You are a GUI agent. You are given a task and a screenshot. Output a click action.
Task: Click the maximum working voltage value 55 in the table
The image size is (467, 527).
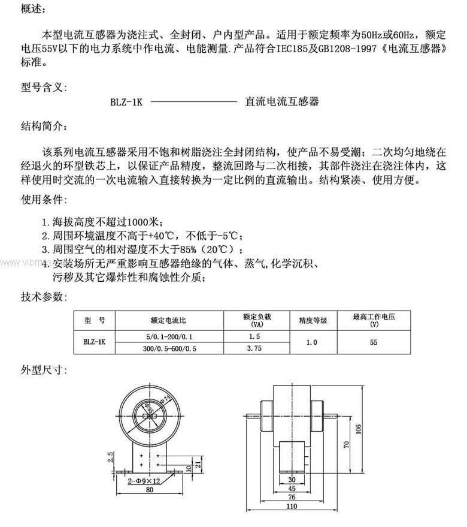click(374, 342)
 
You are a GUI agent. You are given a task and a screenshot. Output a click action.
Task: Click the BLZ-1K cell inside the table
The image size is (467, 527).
click(94, 342)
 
